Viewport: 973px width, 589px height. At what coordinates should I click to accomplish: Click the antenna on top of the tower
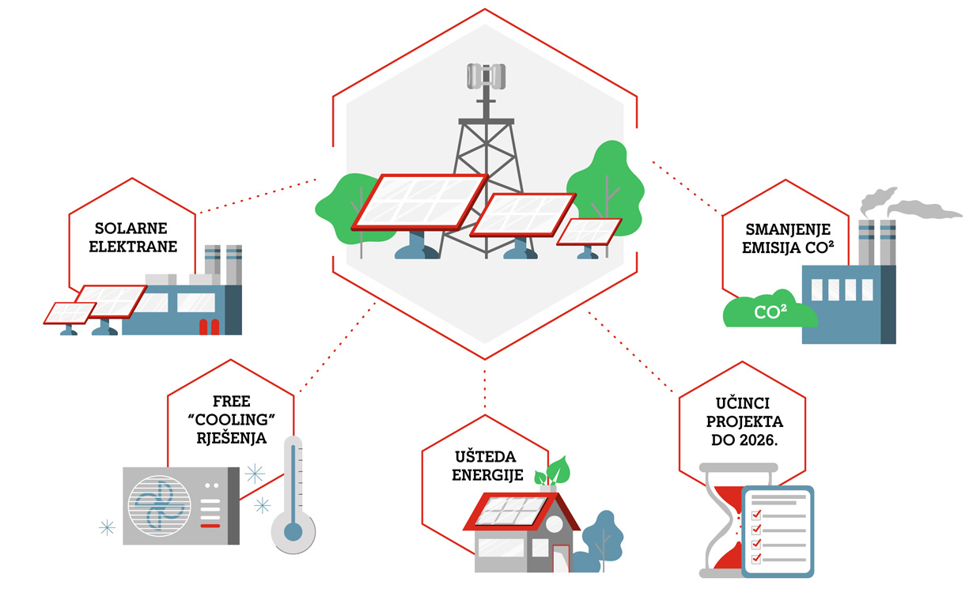[486, 75]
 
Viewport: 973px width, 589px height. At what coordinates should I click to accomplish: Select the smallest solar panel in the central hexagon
[589, 231]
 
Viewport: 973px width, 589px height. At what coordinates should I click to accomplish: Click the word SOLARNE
[132, 228]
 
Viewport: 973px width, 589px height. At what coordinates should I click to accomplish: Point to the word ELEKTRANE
[132, 246]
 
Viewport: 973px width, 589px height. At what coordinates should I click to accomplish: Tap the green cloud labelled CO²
[770, 311]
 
